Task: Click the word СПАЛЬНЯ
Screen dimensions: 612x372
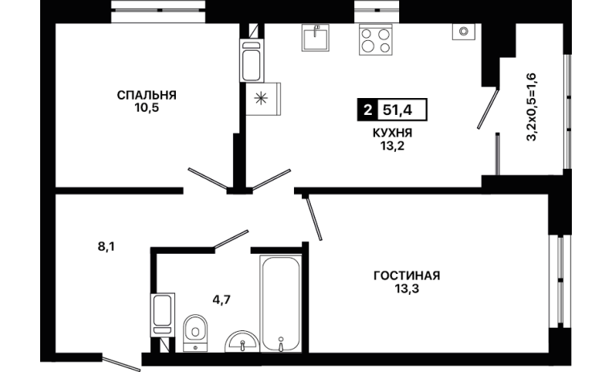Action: point(147,95)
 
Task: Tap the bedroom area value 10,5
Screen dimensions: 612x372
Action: point(147,108)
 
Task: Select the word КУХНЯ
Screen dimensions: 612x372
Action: point(392,133)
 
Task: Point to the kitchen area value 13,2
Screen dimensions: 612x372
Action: point(392,146)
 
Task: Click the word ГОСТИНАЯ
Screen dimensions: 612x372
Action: point(406,276)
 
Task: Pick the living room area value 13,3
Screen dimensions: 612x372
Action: point(406,289)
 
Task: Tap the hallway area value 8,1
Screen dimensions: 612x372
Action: point(106,247)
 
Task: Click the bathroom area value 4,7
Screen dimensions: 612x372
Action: point(222,300)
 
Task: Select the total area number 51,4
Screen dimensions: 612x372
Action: point(398,110)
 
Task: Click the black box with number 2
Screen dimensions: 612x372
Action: point(367,110)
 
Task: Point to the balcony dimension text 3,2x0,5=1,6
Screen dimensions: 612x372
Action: point(532,107)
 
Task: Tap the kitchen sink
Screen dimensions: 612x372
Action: point(316,38)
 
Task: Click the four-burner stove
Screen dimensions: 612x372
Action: point(376,40)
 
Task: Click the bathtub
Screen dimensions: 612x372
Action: point(280,304)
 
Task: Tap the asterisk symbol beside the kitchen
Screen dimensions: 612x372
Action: point(259,98)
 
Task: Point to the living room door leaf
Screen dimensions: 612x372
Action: point(313,218)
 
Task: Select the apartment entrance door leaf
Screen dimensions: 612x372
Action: point(120,362)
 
